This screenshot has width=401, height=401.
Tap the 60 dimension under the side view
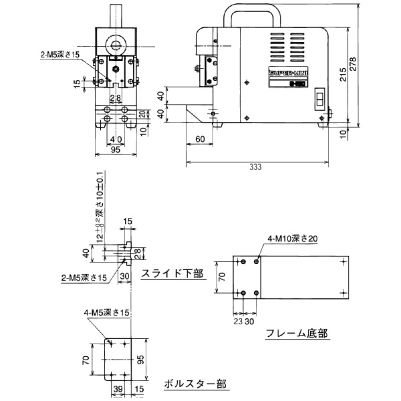tap(200, 139)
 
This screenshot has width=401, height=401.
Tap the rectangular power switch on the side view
tap(319, 101)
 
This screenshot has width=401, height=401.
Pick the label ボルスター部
tap(194, 384)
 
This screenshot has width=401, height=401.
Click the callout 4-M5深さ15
tap(107, 312)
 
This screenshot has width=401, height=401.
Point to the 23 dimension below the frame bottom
tap(237, 320)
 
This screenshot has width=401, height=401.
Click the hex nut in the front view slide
tap(116, 68)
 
